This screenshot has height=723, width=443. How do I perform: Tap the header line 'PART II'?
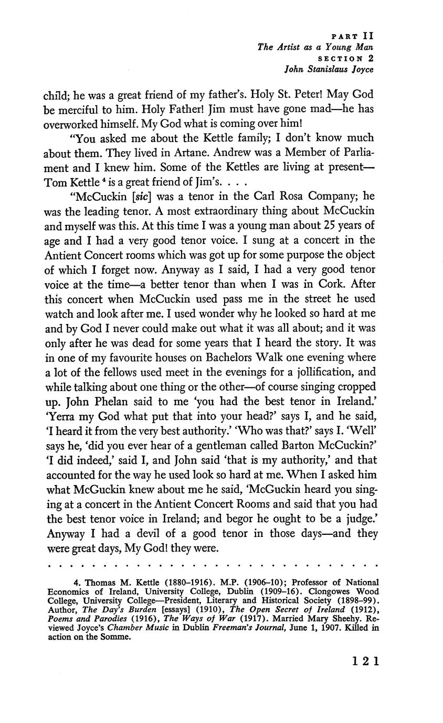353,37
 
